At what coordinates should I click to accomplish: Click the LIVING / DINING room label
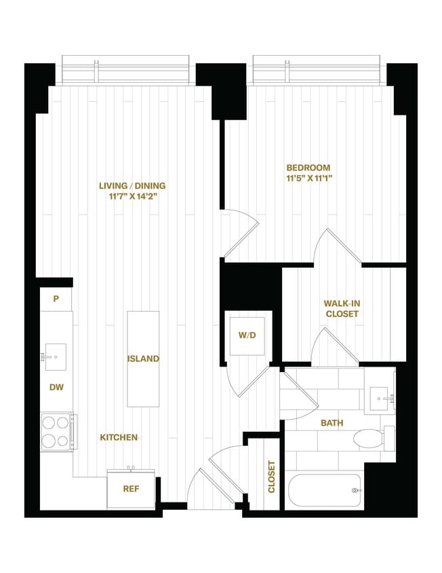pyautogui.click(x=132, y=185)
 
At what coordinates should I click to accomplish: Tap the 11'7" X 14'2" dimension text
pyautogui.click(x=132, y=197)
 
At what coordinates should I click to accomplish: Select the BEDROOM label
pyautogui.click(x=308, y=168)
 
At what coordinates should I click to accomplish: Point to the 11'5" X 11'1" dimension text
pyautogui.click(x=308, y=179)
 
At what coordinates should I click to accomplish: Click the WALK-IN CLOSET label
pyautogui.click(x=342, y=309)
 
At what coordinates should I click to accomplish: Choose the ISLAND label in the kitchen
pyautogui.click(x=143, y=358)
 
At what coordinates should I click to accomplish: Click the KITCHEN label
pyautogui.click(x=119, y=438)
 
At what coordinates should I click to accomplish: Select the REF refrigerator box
pyautogui.click(x=130, y=488)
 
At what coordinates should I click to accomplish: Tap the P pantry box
pyautogui.click(x=56, y=299)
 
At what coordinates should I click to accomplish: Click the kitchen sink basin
pyautogui.click(x=55, y=356)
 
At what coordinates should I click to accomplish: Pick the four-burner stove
pyautogui.click(x=57, y=432)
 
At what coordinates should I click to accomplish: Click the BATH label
pyautogui.click(x=331, y=423)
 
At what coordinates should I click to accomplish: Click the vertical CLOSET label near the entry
pyautogui.click(x=271, y=477)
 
